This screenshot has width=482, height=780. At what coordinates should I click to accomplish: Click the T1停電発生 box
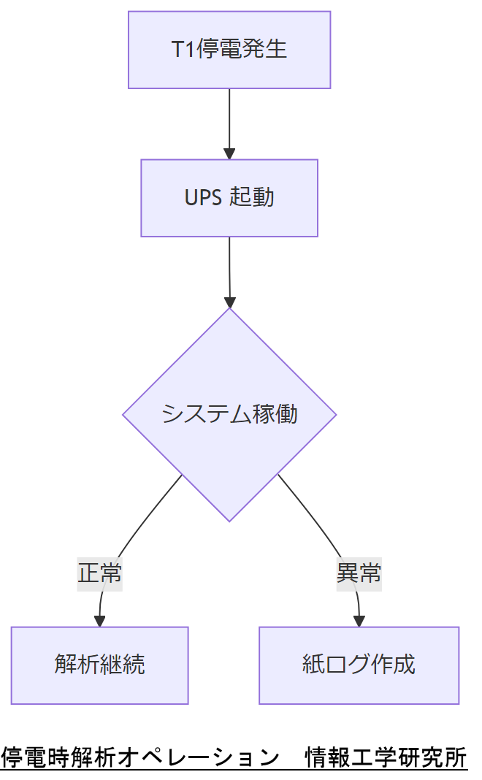point(229,50)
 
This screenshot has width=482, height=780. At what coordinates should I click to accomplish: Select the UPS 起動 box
point(229,198)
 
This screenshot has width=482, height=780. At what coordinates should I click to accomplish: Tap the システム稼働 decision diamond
point(229,414)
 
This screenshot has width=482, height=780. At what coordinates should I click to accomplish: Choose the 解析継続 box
point(99,665)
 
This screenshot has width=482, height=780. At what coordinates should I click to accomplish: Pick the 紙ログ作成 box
point(359,665)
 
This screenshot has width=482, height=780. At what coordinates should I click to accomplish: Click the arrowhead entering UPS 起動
point(229,154)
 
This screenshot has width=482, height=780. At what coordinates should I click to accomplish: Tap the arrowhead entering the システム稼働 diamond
point(230,302)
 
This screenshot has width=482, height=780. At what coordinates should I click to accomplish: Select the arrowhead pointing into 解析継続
point(99,622)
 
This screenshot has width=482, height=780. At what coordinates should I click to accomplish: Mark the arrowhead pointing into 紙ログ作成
point(359,622)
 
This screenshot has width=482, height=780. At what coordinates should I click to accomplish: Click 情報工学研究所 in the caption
point(386,757)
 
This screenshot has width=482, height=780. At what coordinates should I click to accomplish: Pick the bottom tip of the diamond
point(229,520)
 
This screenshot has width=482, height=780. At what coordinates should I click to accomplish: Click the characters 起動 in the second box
point(252,198)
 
